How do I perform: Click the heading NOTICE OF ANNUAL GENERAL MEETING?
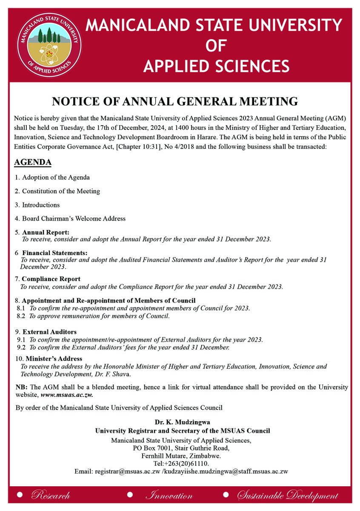(x=174, y=101)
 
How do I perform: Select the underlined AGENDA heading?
(x=33, y=163)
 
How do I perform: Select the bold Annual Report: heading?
(x=46, y=233)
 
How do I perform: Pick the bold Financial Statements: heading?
(x=54, y=253)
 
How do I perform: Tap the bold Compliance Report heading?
(x=51, y=279)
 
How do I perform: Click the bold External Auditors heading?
(x=49, y=332)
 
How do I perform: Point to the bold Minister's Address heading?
(x=54, y=359)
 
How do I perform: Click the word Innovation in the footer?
(x=169, y=496)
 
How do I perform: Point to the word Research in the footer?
(x=51, y=496)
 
